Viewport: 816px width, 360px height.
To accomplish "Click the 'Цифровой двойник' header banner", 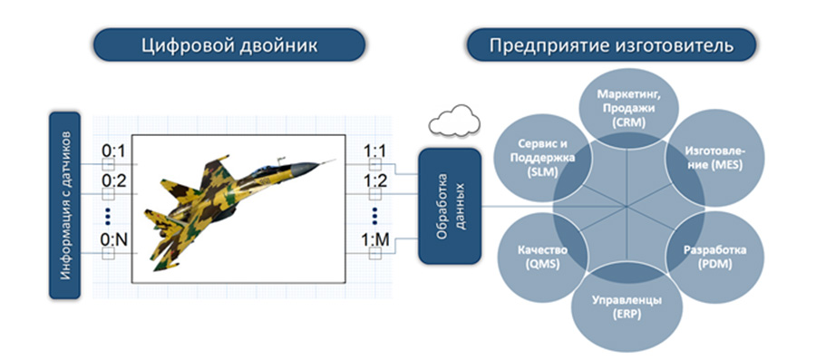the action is (229, 44).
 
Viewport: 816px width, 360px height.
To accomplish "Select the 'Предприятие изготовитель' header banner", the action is (611, 44).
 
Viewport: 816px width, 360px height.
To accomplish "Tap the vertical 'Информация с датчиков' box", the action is (64, 206).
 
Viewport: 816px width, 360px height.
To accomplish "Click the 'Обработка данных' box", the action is (449, 206).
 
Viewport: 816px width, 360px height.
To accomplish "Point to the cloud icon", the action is (454, 121).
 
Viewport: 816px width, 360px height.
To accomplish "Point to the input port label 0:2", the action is (113, 181).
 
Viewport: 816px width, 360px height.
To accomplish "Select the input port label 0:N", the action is (114, 240).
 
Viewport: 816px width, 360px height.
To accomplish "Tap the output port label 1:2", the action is (374, 181).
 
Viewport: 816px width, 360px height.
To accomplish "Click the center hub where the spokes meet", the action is (626, 208).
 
